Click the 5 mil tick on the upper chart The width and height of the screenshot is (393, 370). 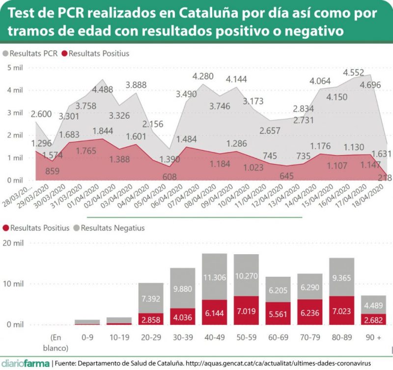pos(15,67)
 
